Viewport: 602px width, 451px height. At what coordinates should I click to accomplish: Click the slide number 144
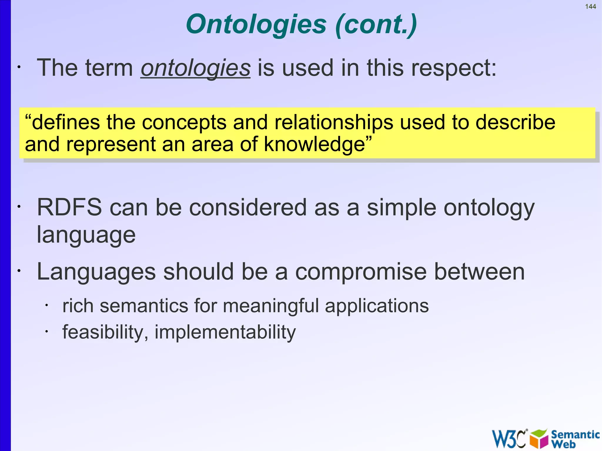coord(590,7)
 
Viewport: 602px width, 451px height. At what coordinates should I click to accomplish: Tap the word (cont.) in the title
coord(376,25)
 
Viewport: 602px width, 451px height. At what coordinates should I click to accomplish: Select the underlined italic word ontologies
coord(195,68)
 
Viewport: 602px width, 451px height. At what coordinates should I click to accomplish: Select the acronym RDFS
coord(69,207)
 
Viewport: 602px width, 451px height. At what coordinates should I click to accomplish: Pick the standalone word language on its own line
coord(86,235)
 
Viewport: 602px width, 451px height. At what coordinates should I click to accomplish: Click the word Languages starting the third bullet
coord(96,272)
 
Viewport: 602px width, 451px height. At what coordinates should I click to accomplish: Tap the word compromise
coord(361,272)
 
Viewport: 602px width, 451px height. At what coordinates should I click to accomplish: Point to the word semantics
coord(144,306)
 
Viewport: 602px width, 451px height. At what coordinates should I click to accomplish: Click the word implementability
coord(225,332)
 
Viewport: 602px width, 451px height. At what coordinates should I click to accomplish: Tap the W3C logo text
coord(509,439)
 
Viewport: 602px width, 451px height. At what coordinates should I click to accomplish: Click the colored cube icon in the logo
coord(539,439)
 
